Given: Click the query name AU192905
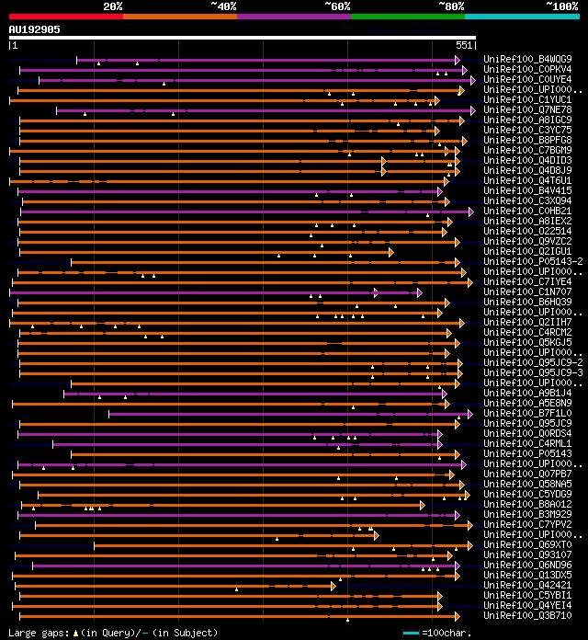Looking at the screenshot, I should (x=35, y=29).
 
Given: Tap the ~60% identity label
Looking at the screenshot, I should (x=337, y=6).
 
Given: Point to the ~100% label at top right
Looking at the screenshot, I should (x=562, y=6).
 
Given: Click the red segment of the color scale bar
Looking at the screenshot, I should (x=65, y=16).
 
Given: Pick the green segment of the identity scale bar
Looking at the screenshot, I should (x=407, y=16).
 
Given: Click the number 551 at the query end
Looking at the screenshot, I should (x=464, y=45).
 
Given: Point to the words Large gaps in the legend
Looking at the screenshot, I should (x=38, y=633).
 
